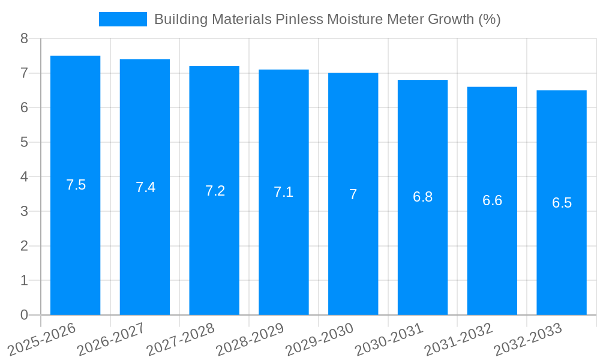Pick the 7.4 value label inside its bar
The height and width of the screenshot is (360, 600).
coord(145,187)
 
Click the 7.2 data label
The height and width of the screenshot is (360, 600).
coord(215,191)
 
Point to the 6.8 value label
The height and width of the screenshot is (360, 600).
coord(422,197)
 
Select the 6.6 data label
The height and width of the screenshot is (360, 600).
coord(492,200)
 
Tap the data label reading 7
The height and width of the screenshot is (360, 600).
coord(353,194)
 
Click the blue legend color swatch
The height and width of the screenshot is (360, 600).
coord(122,19)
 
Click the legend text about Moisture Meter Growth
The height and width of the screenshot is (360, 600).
coord(327,19)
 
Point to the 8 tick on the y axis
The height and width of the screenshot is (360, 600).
coord(24,39)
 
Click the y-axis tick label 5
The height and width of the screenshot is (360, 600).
coord(24,143)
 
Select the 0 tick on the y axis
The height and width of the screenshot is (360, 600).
coord(24,315)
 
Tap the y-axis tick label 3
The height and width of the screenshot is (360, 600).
coord(24,212)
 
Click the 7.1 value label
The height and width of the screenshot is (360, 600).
coord(284,192)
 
